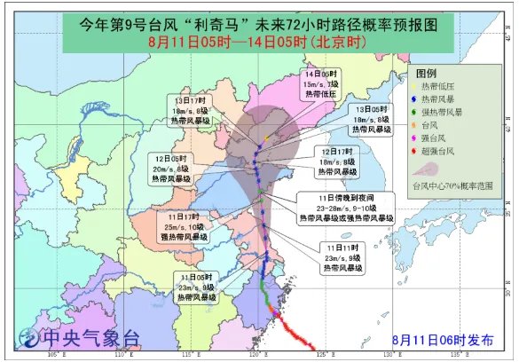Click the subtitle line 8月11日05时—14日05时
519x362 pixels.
259,42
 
